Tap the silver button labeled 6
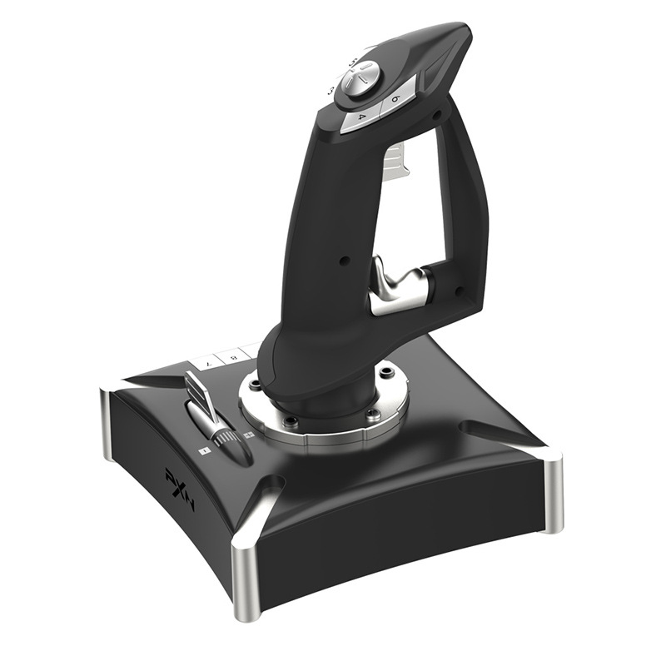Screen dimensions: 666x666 click(x=394, y=100)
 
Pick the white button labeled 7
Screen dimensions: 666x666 click(x=207, y=365)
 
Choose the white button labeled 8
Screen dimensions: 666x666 click(x=232, y=356)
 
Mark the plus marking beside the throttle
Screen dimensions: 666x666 click(x=248, y=435)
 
